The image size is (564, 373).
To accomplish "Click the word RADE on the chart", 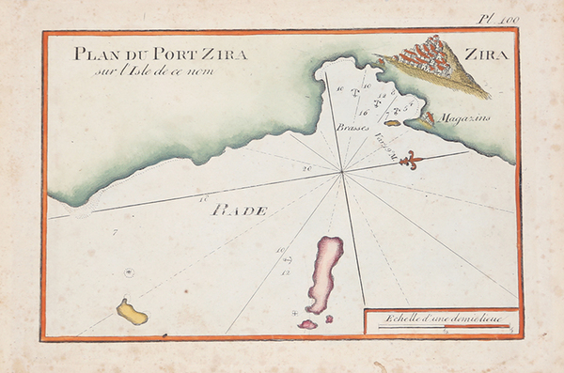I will click(239, 210).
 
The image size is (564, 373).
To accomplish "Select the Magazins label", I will click(462, 117).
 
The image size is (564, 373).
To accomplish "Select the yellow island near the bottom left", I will click(132, 312).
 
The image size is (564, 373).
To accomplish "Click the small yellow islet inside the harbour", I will click(392, 122).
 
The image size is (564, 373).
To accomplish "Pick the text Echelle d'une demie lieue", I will click(438, 317).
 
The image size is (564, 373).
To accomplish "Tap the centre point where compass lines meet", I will click(343, 172).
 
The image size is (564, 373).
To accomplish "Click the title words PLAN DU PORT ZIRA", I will click(161, 54).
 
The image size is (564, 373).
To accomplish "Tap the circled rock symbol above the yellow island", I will click(129, 273).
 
